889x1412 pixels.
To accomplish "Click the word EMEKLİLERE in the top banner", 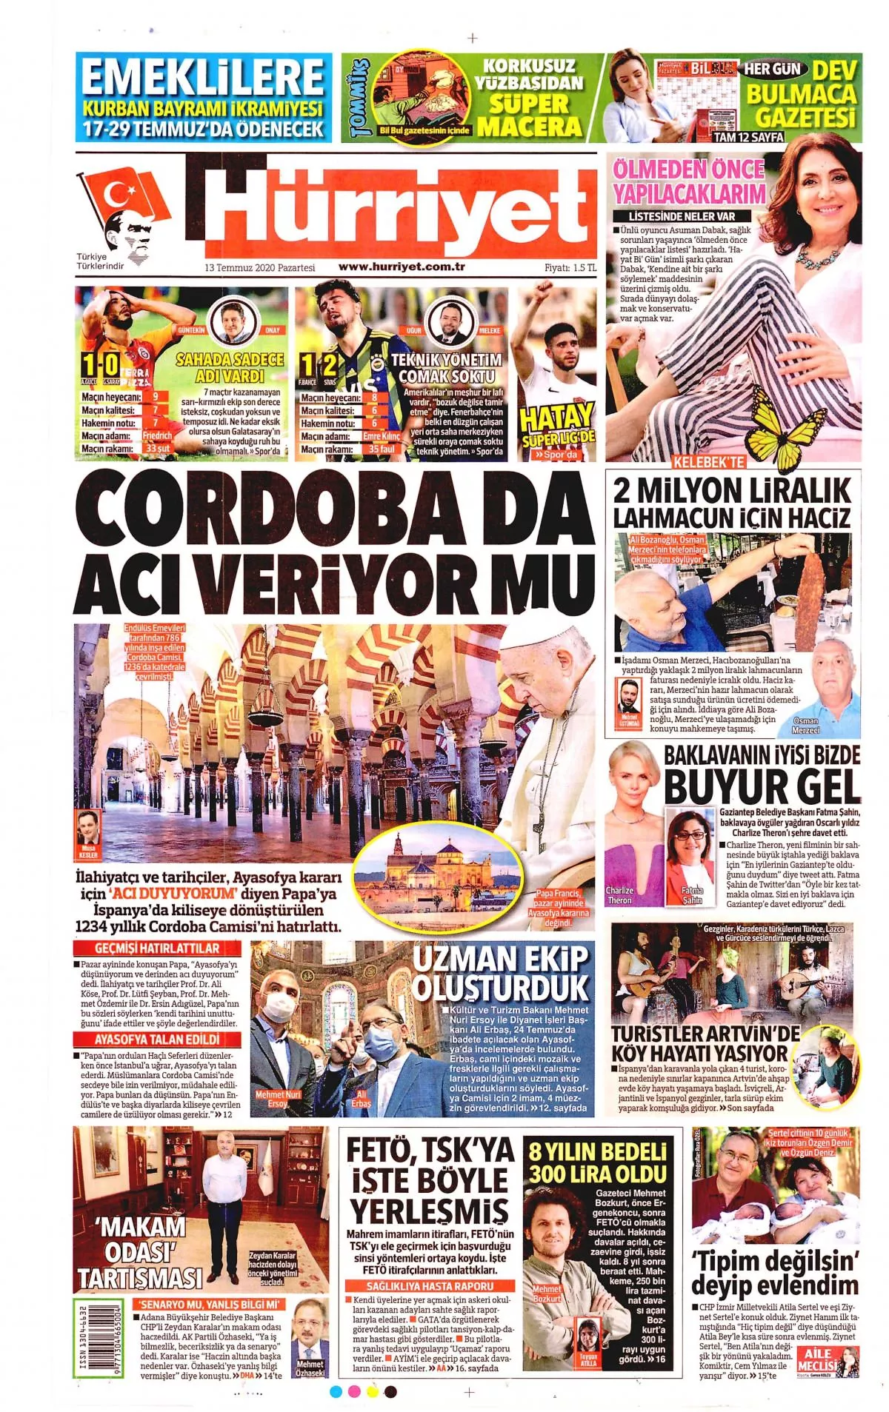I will (x=202, y=78).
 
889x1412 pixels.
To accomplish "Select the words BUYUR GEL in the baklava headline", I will (x=762, y=787).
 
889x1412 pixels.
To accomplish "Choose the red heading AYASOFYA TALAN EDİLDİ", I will (x=158, y=1039).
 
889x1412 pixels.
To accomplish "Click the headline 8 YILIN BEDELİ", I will (x=597, y=1151).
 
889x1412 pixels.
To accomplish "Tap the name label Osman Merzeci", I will (x=805, y=725).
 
